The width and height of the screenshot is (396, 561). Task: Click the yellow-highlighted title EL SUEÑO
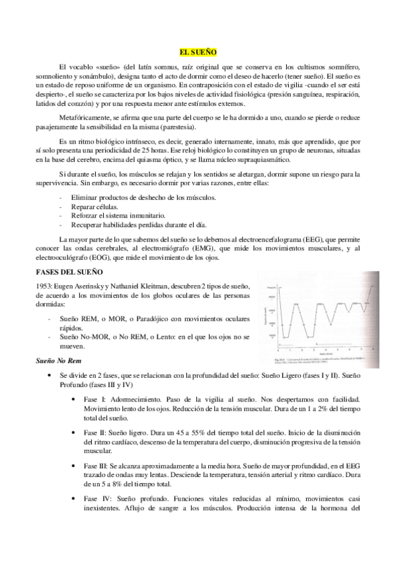click(x=198, y=51)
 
